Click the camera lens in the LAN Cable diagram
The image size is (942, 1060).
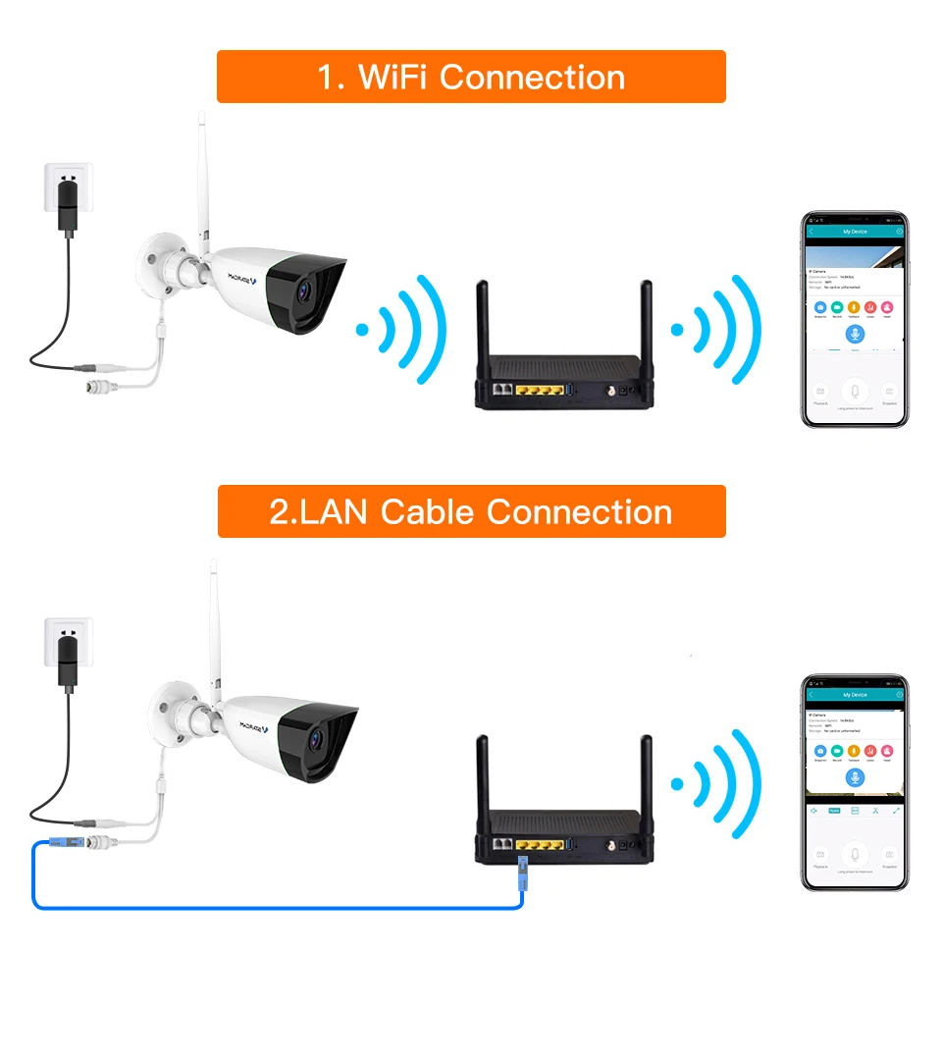click(x=313, y=738)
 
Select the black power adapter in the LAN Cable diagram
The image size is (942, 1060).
click(x=66, y=661)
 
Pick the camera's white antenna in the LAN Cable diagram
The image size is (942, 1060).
click(x=213, y=628)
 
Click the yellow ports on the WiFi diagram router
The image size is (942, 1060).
click(x=536, y=391)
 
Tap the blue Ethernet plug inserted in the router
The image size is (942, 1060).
click(x=522, y=868)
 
